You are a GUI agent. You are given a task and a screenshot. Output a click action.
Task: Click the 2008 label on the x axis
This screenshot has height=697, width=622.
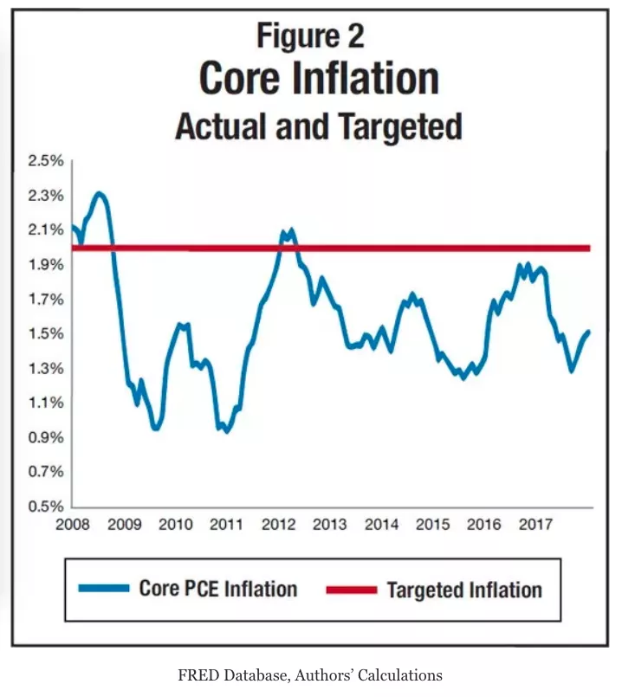tap(73, 525)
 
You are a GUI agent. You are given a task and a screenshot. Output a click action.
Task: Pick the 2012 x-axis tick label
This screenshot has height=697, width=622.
tap(278, 525)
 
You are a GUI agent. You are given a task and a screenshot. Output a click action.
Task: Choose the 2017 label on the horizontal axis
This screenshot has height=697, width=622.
tap(535, 525)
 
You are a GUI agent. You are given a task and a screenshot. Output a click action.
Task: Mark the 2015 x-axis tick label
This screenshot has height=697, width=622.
tap(432, 525)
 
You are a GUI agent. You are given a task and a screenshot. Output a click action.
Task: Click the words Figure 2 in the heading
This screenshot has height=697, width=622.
tap(310, 36)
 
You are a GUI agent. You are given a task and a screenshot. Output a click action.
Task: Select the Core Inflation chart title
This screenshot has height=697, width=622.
tap(318, 79)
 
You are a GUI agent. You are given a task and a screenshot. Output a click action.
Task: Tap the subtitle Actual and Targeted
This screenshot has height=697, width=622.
tap(318, 127)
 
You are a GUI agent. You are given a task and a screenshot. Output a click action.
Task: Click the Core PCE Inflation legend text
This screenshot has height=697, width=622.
tap(217, 590)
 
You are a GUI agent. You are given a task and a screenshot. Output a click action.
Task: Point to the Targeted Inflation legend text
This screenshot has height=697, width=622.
tap(464, 591)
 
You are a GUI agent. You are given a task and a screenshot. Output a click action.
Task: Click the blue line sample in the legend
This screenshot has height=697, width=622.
tap(103, 589)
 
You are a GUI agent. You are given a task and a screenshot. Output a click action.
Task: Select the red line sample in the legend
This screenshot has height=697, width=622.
tap(352, 590)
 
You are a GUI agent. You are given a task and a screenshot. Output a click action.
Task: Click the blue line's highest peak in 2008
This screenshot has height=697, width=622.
tap(100, 194)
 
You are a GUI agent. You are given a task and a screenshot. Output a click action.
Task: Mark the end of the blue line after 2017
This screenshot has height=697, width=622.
tap(589, 332)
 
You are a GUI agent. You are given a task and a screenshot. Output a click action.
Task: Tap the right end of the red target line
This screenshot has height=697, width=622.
tap(589, 248)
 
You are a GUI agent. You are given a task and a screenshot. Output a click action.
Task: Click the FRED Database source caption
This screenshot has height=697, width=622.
tap(311, 675)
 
